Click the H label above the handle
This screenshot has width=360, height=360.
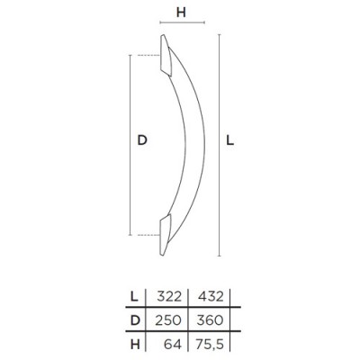point(181,13)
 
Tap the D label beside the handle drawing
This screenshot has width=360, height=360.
point(142,140)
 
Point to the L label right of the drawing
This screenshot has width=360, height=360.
point(229,140)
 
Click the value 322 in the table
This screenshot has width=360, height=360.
point(168,297)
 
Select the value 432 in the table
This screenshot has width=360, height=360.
point(211,297)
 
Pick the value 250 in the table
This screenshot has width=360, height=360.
point(168,320)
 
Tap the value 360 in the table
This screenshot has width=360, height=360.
point(210,320)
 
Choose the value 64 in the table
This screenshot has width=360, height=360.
point(173,345)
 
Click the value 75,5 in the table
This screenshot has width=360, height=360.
point(209,345)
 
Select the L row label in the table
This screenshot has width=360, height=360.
point(135,297)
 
